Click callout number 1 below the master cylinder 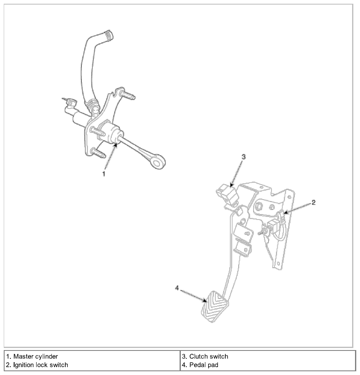coord(104,174)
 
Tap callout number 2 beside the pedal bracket coord(313,202)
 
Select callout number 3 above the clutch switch coord(244,157)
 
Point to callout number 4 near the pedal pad coord(177,288)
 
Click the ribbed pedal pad coord(215,307)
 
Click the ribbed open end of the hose coord(109,35)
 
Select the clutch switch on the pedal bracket coord(228,194)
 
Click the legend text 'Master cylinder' coord(36,357)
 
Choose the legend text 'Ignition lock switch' coord(41,365)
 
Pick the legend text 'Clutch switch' coord(209,357)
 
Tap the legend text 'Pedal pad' coord(204,365)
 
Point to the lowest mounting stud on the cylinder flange coord(98,153)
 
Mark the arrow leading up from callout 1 coord(111,156)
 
